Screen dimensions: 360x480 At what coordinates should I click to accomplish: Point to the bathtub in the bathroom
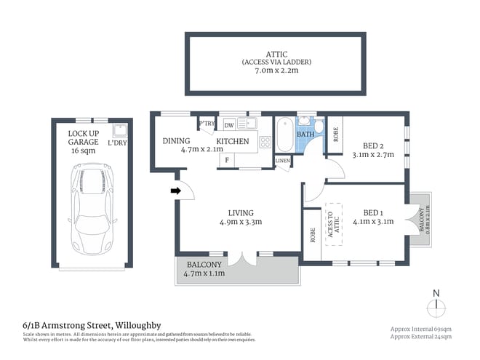click(284, 134)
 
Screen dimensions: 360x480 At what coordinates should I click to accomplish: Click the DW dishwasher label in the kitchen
click(228, 125)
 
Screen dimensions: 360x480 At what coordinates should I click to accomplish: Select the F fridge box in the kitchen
click(228, 159)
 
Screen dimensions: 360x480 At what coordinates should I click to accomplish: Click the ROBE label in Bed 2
click(335, 134)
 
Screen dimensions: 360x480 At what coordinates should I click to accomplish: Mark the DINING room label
click(176, 141)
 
